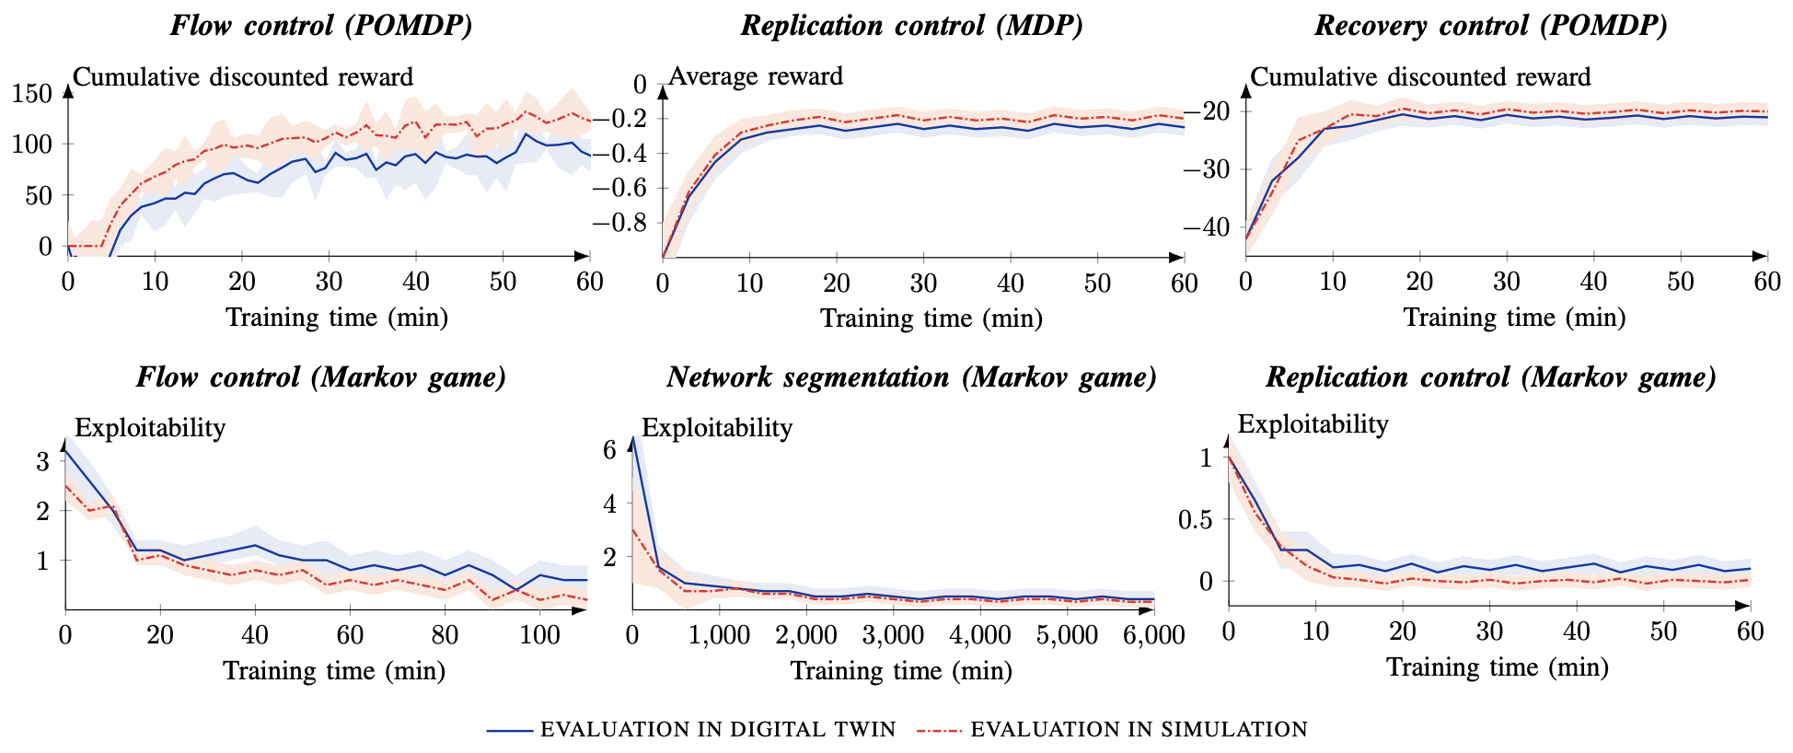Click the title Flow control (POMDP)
321,25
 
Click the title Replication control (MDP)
911,25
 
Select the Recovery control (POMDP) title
1491,25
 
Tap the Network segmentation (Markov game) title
911,376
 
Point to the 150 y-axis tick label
32,93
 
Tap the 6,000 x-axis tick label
1152,635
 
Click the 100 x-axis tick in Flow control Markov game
539,634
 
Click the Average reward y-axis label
756,75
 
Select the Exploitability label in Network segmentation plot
717,427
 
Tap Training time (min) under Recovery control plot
1514,318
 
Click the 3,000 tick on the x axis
893,635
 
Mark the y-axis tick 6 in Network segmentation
608,450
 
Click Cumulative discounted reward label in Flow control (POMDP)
243,76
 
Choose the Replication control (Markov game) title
1491,376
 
